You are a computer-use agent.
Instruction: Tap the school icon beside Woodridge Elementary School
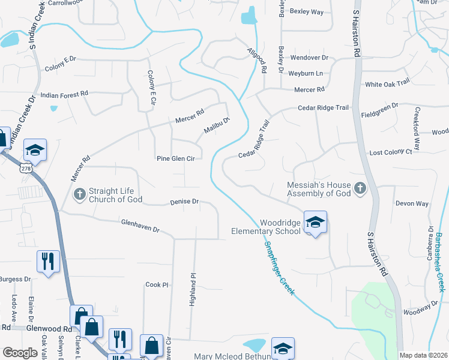(x=315, y=223)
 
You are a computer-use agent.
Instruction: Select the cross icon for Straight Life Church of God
(x=79, y=194)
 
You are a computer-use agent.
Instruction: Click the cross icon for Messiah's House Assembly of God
(x=360, y=188)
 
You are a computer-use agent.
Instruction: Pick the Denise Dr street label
(x=184, y=202)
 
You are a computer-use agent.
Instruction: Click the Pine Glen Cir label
(x=176, y=159)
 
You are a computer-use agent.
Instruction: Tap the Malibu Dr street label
(x=217, y=125)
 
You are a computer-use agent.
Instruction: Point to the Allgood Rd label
(x=256, y=61)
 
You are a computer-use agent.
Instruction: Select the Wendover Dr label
(x=309, y=58)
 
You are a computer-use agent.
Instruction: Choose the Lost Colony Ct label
(x=391, y=152)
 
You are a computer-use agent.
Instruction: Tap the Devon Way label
(x=412, y=204)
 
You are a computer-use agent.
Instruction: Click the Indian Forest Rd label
(x=64, y=94)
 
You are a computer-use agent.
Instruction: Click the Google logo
(x=20, y=352)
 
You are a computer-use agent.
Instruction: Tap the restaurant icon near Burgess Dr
(x=48, y=261)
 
